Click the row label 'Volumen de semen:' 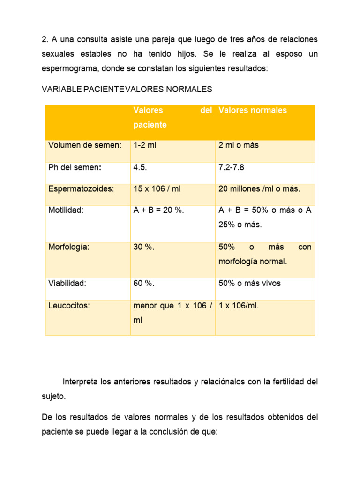tap(84, 145)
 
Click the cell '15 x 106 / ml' tap(157, 188)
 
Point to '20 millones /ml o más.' tap(259, 188)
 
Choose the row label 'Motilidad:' tap(66, 210)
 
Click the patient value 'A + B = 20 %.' tap(159, 210)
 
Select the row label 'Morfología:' tap(69, 247)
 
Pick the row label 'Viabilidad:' tap(67, 283)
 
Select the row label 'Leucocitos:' tap(69, 306)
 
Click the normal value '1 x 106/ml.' tap(239, 306)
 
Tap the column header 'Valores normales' tap(253, 111)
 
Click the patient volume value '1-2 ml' tap(145, 145)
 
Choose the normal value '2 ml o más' tap(239, 145)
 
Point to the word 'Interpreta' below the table tap(80, 382)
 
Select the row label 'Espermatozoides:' tap(81, 188)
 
